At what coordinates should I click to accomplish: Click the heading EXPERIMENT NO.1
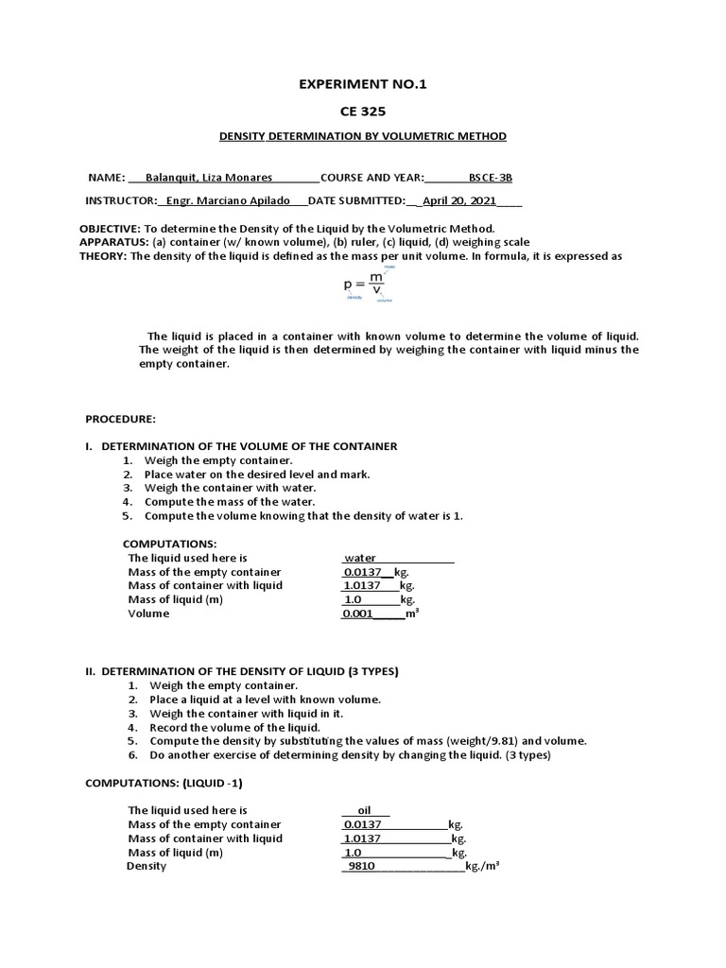(x=363, y=84)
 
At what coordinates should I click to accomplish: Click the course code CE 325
(x=363, y=111)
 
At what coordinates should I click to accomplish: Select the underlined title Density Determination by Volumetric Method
(x=363, y=136)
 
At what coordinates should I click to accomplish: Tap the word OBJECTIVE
(x=109, y=229)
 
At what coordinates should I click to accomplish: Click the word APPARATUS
(x=112, y=242)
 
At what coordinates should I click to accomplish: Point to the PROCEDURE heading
(x=121, y=418)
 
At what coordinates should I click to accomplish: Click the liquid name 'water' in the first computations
(x=360, y=558)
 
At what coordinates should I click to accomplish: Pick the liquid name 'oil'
(x=358, y=810)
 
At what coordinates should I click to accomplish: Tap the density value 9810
(x=362, y=865)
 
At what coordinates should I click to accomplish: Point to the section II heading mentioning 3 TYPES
(x=242, y=670)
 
